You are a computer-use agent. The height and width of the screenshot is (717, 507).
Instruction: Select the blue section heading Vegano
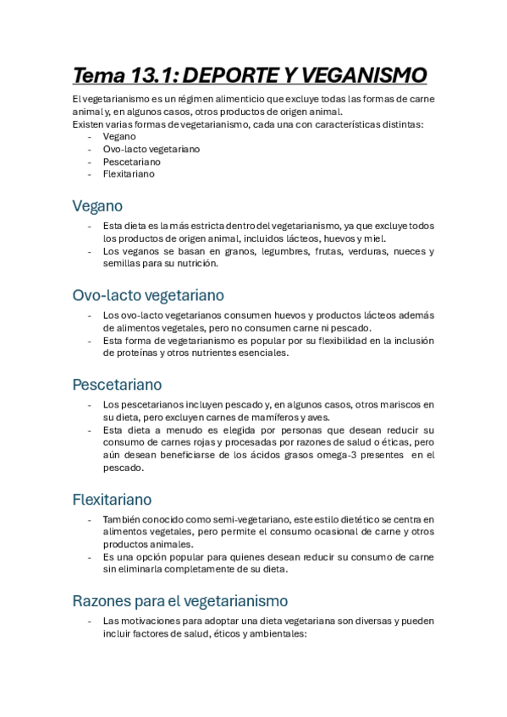click(97, 206)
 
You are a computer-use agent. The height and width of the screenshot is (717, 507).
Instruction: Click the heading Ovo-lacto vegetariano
click(148, 295)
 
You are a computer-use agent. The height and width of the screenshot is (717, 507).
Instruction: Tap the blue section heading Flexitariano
click(112, 499)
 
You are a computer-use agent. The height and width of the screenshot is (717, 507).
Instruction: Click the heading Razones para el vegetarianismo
click(180, 600)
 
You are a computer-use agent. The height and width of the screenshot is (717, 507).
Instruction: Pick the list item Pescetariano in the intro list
click(131, 161)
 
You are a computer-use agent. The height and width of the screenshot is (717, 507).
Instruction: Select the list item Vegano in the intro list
click(119, 136)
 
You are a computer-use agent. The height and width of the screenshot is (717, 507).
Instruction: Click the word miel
click(374, 238)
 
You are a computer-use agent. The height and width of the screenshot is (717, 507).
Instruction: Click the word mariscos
click(403, 405)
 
